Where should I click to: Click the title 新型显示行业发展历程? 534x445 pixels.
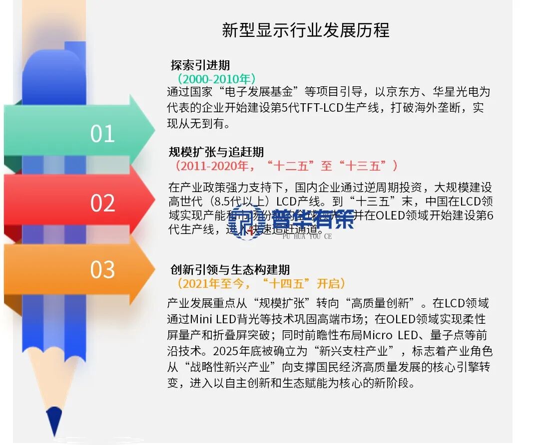coord(305,30)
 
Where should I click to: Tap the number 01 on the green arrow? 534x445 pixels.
coord(102,134)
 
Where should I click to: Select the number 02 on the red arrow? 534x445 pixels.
coord(102,203)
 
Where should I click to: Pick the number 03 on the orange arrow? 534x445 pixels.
coord(102,269)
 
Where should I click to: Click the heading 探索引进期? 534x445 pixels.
coord(200,65)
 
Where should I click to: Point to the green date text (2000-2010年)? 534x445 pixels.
coord(216,79)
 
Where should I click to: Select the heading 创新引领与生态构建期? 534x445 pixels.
coord(230,270)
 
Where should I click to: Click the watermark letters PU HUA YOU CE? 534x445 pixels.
coord(307,236)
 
